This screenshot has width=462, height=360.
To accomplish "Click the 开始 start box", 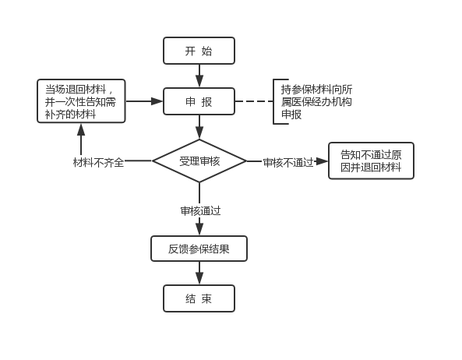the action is pos(199,51).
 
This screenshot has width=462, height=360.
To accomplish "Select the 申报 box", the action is pos(199,101).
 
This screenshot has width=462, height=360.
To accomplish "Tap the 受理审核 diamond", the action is pos(199,161).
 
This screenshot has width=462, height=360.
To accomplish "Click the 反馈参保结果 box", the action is pos(199,249).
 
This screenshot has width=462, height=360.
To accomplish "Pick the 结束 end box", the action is pos(199,298).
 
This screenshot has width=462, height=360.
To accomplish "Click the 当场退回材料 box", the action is pos(81,101).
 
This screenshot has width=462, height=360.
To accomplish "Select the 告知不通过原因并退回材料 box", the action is pos(371,161).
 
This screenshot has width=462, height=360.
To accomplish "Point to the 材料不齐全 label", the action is pos(98,162).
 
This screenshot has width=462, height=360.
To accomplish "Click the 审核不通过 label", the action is pos(288,162).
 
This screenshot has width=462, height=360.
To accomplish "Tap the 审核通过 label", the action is pos(201,211).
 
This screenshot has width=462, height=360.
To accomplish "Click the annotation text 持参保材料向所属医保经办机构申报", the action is pos(316,101).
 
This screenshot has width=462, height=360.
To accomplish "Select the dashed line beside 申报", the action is pos(254,101).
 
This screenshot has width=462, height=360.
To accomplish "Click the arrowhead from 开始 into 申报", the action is pos(199,81).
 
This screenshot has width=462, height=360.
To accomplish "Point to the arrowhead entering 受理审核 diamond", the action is pos(199,133).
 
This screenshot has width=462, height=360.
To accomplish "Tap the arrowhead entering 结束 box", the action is pos(199,278).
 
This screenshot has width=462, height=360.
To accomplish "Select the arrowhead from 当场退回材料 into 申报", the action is pos(157,101).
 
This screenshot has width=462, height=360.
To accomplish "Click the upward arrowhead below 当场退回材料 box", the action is pos(81,129).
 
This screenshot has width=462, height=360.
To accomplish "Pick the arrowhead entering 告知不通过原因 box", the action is pos(322,161).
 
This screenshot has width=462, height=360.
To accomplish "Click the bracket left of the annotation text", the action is pos(274,101).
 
